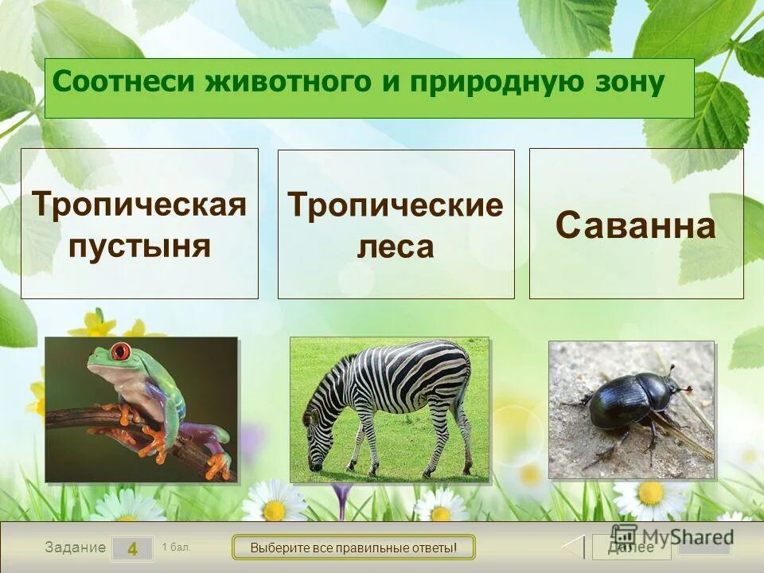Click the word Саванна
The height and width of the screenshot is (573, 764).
pyautogui.click(x=635, y=226)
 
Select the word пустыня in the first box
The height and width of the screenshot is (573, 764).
pyautogui.click(x=139, y=245)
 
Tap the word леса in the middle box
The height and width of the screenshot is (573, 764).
pyautogui.click(x=396, y=247)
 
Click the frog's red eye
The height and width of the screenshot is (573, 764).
pyautogui.click(x=121, y=351)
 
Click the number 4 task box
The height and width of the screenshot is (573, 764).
pyautogui.click(x=132, y=548)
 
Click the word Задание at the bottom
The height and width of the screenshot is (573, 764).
pyautogui.click(x=75, y=548)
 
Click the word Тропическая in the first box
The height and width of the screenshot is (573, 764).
pyautogui.click(x=139, y=205)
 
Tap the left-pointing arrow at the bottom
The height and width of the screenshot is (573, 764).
pyautogui.click(x=574, y=547)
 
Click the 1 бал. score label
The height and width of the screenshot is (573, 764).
pyautogui.click(x=176, y=547)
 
